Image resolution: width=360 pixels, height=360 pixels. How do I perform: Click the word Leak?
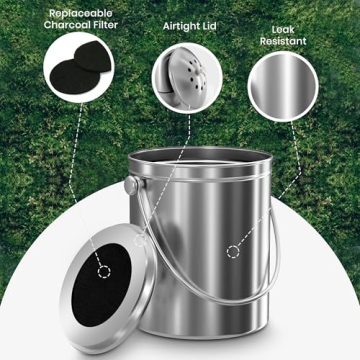(283, 31)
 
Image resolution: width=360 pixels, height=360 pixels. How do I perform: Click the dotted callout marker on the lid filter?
(104, 270)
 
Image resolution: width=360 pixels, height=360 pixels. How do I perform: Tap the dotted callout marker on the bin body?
(232, 250)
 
